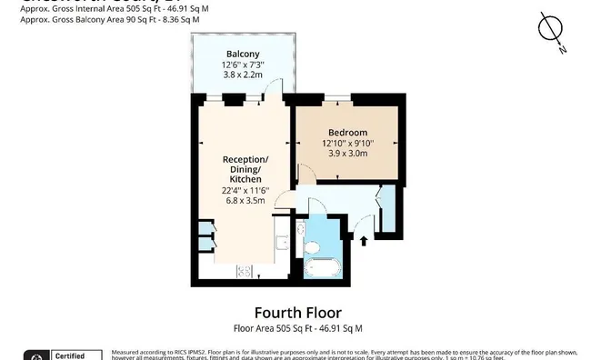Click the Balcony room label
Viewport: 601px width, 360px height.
(242, 54)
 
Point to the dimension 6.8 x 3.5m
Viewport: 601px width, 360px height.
(243, 201)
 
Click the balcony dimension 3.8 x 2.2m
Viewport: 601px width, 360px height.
(242, 77)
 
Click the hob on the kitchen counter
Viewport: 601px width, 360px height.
(244, 270)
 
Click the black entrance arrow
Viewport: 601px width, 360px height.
(365, 240)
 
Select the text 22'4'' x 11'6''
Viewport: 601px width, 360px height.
(243, 190)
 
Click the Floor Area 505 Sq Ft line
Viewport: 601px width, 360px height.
(300, 328)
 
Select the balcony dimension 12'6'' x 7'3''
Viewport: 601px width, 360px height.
(242, 65)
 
